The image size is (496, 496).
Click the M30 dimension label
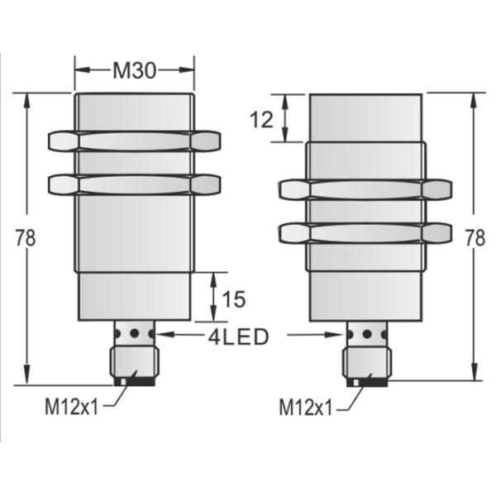tap(134, 70)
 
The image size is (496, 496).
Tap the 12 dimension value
tap(261, 119)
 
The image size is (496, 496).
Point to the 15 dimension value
tap(234, 298)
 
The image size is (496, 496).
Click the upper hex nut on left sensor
tap(134, 141)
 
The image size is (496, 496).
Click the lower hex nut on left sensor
tap(134, 184)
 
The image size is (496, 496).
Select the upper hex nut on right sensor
tap(365, 190)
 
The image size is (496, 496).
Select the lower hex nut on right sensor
tap(365, 233)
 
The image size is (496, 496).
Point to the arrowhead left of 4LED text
tap(162, 336)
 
